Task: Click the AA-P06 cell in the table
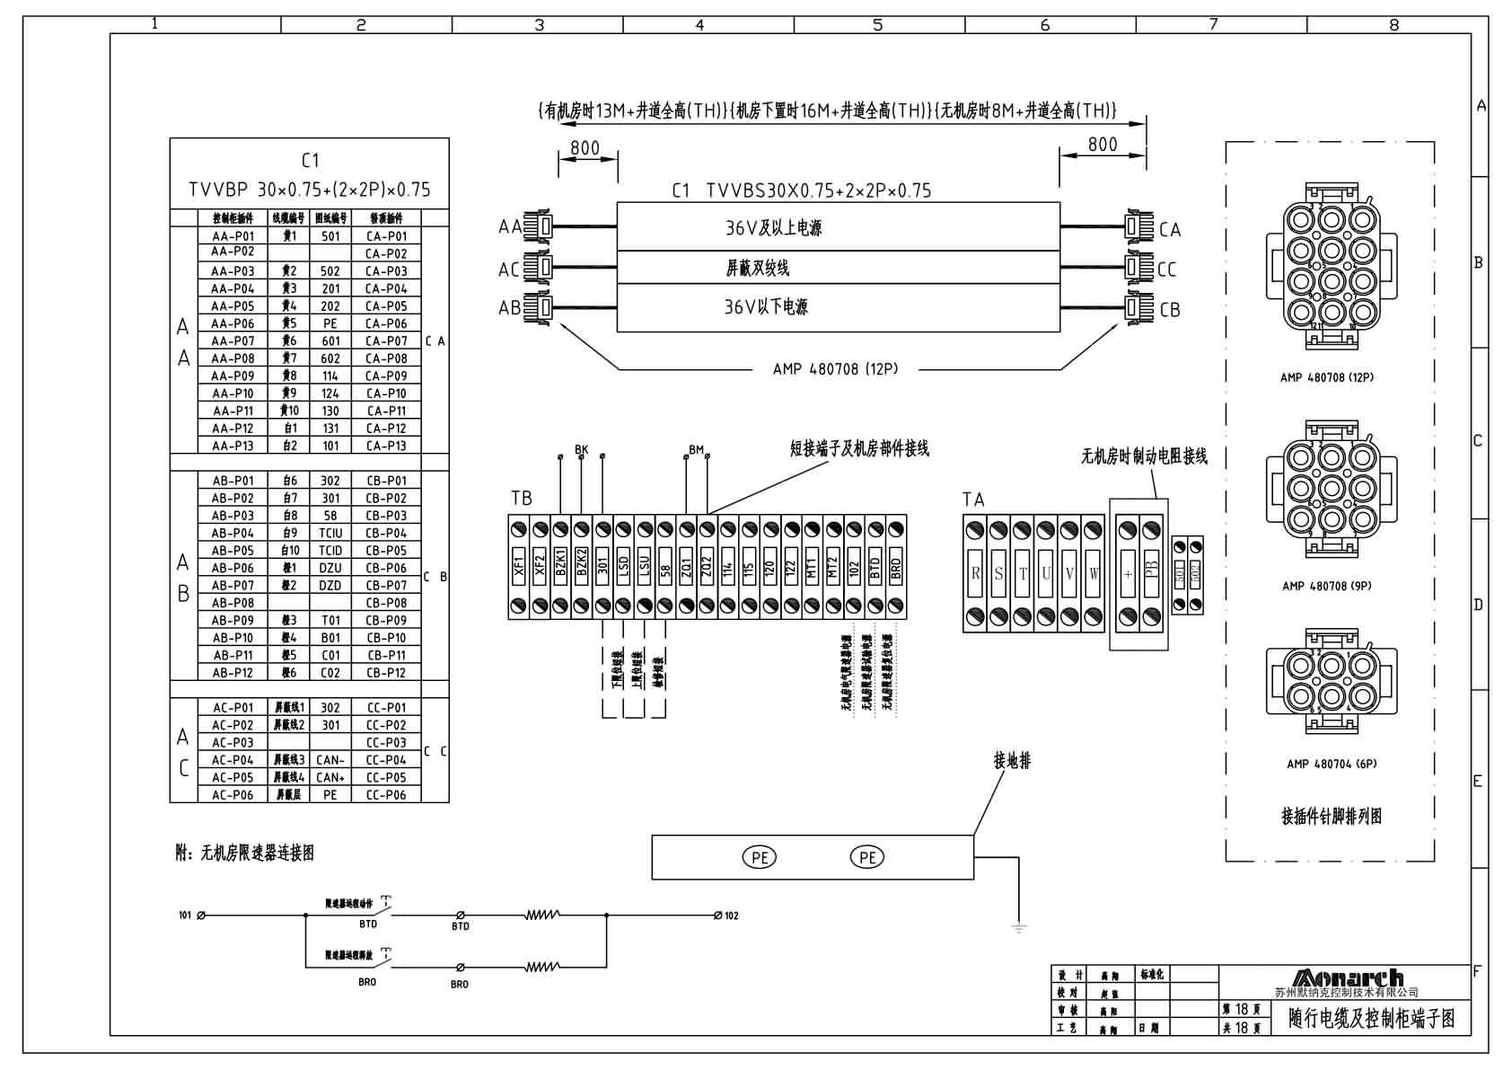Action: tap(233, 323)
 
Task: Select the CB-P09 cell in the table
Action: tap(386, 620)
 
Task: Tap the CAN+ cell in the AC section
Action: tap(330, 777)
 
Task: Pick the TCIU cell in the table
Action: tap(330, 533)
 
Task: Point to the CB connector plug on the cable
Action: tap(1138, 308)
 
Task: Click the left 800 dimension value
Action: tap(585, 148)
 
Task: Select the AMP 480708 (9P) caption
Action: tap(1326, 586)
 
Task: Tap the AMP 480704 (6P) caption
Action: tap(1331, 764)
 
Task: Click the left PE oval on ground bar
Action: tap(760, 857)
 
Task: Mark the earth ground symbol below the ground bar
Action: tap(1018, 927)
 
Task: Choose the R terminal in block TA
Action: tap(975, 573)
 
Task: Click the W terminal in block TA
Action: tap(1093, 573)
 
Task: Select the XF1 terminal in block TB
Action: tap(519, 566)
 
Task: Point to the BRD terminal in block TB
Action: tap(895, 566)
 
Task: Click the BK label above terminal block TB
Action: tap(581, 449)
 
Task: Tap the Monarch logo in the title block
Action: tap(1347, 977)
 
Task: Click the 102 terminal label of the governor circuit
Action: tap(731, 915)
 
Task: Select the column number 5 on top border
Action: tap(877, 25)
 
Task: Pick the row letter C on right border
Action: tap(1478, 441)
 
